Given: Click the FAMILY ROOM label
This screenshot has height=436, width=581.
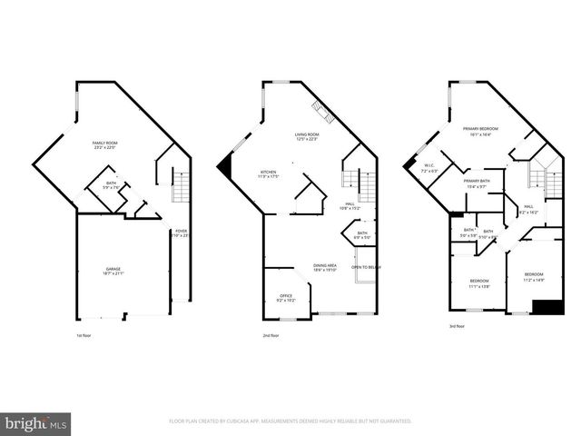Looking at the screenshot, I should (x=105, y=144).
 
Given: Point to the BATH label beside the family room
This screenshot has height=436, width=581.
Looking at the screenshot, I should (x=111, y=184).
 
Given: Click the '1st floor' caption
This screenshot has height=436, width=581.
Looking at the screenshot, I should (x=84, y=335).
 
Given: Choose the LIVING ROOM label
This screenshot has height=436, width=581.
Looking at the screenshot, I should (x=307, y=135).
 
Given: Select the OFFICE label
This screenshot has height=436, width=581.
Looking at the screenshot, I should (x=285, y=297).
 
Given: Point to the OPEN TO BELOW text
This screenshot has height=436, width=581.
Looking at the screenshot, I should (x=365, y=267).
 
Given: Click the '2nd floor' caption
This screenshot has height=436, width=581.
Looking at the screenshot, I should (x=271, y=335).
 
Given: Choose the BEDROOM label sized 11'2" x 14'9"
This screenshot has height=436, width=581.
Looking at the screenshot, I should (x=533, y=276).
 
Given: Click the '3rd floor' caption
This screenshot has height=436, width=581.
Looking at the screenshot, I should (x=457, y=327).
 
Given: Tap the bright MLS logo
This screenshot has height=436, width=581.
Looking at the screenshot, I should (x=35, y=422).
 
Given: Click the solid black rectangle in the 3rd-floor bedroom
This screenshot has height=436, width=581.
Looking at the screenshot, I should (x=546, y=307).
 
